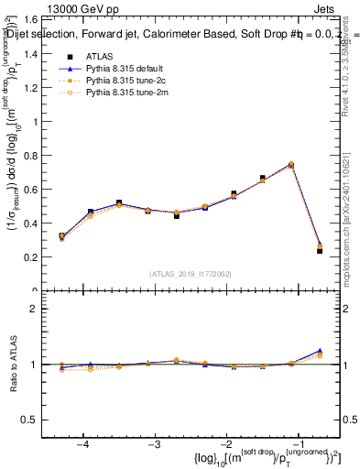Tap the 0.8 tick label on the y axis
[35, 156]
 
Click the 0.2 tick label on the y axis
[35, 257]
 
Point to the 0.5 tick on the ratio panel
[35, 420]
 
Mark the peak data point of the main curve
[291, 165]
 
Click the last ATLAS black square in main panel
[320, 250]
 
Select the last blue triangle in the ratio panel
[320, 351]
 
